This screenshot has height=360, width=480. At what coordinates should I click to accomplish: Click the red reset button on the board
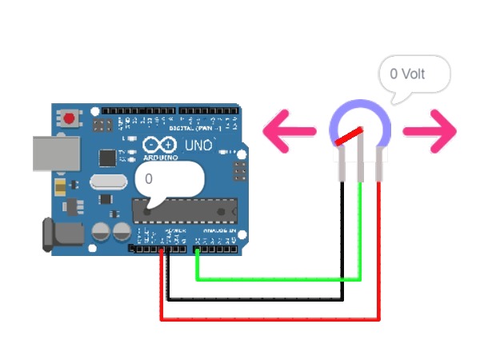[71, 119]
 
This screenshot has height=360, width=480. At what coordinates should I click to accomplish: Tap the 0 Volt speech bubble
[414, 76]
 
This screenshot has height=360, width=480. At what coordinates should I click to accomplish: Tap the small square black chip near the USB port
[106, 157]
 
